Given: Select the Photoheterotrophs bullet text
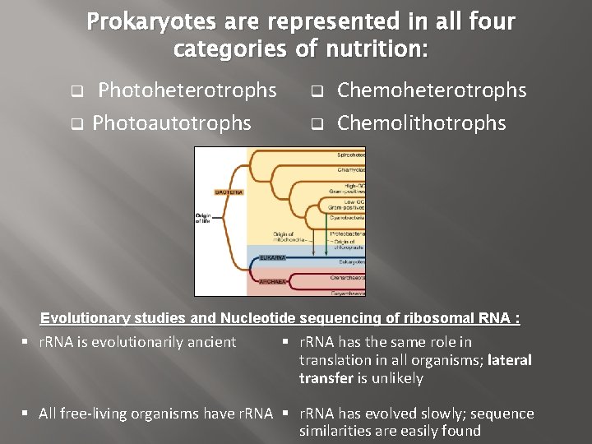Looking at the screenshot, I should point(187,90).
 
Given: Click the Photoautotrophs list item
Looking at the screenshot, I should point(172,123).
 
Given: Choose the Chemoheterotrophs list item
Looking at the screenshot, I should point(432,90).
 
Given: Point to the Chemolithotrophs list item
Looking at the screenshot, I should point(422,123).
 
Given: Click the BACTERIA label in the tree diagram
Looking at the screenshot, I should point(229,192).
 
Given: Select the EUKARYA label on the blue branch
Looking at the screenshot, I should point(271,257).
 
